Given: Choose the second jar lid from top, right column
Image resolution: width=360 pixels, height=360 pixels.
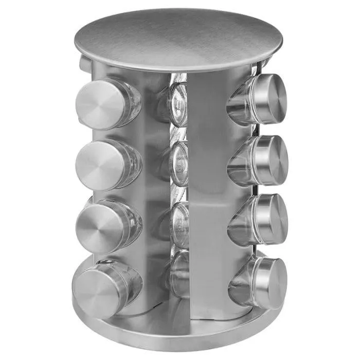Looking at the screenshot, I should [x=272, y=160].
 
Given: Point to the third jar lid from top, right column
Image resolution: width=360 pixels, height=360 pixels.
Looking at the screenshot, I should [x=271, y=218].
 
